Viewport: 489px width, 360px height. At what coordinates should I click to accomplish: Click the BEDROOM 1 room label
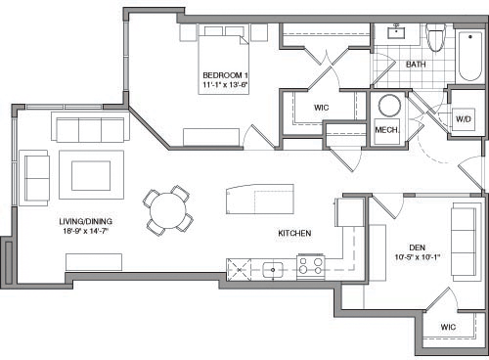[x=224, y=75]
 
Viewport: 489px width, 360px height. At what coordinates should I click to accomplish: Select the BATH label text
[x=416, y=65]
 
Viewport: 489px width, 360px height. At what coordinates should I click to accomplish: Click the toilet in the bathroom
[x=436, y=38]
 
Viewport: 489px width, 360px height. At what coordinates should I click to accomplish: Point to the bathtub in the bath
[x=468, y=54]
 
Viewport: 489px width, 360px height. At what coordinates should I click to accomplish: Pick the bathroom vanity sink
[x=398, y=35]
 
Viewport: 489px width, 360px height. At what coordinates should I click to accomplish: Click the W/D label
[x=463, y=119]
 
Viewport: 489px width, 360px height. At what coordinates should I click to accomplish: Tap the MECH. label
[x=386, y=130]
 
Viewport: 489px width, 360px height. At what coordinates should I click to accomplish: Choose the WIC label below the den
[x=447, y=326]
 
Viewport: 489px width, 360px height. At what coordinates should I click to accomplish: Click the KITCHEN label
[x=294, y=234]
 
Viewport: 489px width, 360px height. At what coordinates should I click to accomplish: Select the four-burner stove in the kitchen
[x=311, y=266]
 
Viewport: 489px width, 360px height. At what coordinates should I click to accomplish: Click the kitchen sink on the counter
[x=274, y=268]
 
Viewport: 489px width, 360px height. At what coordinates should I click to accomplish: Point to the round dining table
[x=168, y=207]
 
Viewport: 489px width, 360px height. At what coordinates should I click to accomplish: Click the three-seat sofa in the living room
[x=90, y=129]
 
